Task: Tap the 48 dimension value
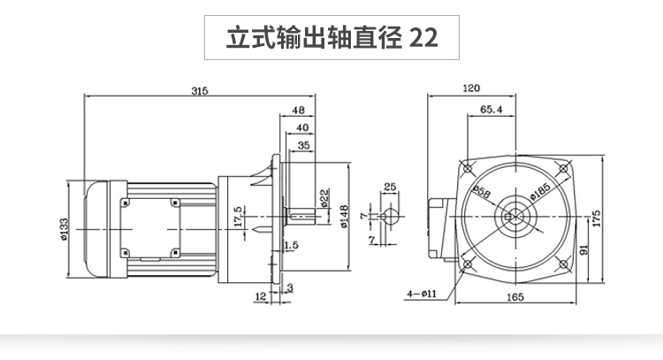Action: (297, 111)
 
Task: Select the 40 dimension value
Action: (303, 128)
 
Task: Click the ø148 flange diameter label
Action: (342, 218)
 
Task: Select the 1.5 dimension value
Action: (290, 244)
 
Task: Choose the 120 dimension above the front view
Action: (471, 88)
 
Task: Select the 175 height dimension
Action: (597, 218)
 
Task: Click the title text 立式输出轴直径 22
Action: (331, 38)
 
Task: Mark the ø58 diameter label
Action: (483, 191)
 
